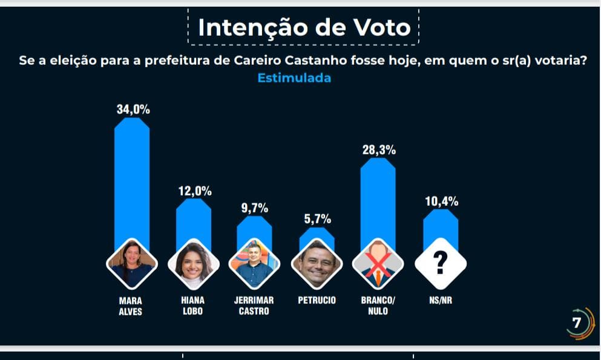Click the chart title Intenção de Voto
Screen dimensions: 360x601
304,28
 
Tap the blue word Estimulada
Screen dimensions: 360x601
294,78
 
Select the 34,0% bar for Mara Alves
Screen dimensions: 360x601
132,182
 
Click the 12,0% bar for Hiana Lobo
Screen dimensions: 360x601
194,221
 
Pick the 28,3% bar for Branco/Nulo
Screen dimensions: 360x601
378,200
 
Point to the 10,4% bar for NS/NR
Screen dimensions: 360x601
440,230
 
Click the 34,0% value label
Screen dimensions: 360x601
133,110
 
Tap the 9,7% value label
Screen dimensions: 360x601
254,208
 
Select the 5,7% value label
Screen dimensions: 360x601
317,218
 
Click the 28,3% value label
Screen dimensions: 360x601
379,150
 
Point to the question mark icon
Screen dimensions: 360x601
441,263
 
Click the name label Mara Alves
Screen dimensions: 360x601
131,306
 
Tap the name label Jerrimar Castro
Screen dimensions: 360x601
254,306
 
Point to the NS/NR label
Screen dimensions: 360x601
441,300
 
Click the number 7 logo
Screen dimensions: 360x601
577,323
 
